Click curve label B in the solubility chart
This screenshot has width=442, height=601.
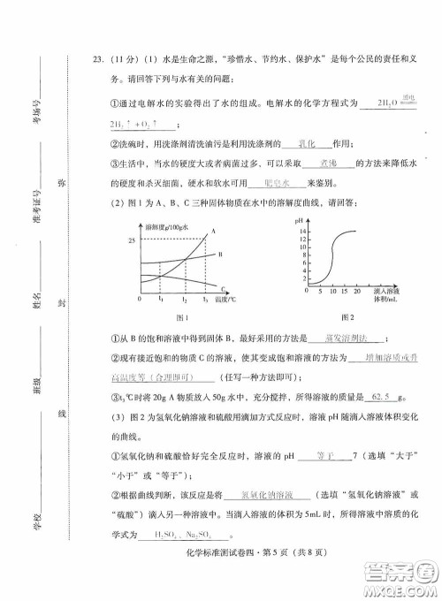coord(220,255)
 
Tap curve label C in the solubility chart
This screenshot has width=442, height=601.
coord(222,287)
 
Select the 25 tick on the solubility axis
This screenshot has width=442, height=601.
coord(132,241)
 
